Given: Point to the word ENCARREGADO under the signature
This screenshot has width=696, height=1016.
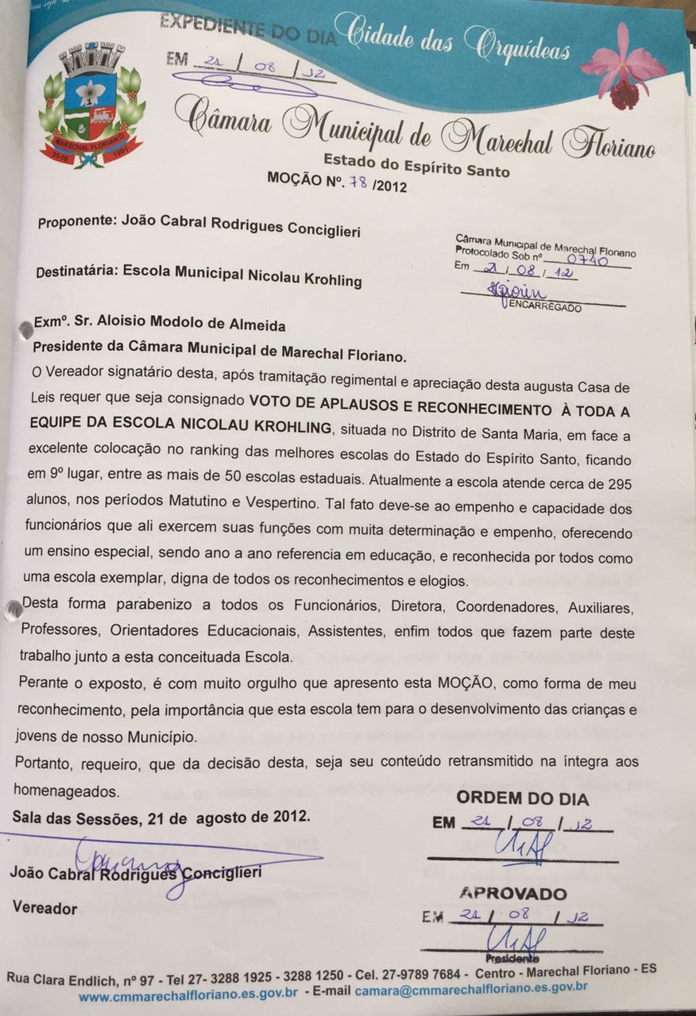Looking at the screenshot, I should tap(552, 307).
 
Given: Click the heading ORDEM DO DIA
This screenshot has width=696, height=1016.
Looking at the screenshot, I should tap(522, 798).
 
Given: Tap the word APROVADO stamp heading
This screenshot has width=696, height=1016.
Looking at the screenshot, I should tap(513, 894).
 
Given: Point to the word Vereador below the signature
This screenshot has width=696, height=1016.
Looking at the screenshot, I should tap(44, 908).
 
